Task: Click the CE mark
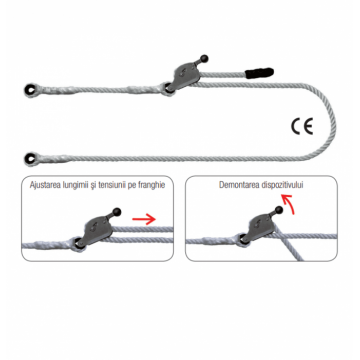(x=302, y=127)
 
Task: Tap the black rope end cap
(x=259, y=72)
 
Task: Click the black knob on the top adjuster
(x=204, y=59)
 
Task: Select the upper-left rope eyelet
(x=30, y=89)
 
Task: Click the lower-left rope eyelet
(x=30, y=157)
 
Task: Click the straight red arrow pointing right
(x=144, y=219)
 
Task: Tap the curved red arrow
(x=288, y=204)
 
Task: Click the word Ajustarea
(x=43, y=185)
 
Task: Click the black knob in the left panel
(x=117, y=212)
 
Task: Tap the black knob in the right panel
(x=279, y=210)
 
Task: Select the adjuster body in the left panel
(x=96, y=230)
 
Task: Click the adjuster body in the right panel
(x=259, y=228)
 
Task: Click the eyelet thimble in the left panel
(x=77, y=244)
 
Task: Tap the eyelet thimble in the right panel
(x=241, y=241)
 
